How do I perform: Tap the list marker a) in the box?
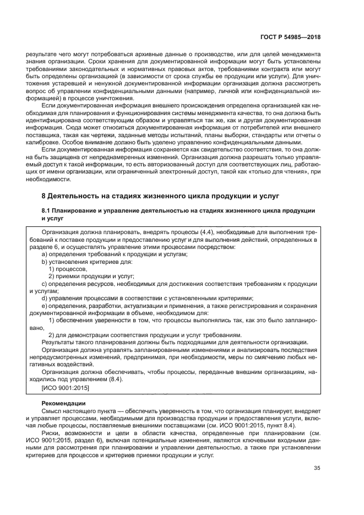point(45,254)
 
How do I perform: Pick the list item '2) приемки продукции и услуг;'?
point(91,276)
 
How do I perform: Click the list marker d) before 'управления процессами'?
point(45,298)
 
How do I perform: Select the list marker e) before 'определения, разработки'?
point(45,306)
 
